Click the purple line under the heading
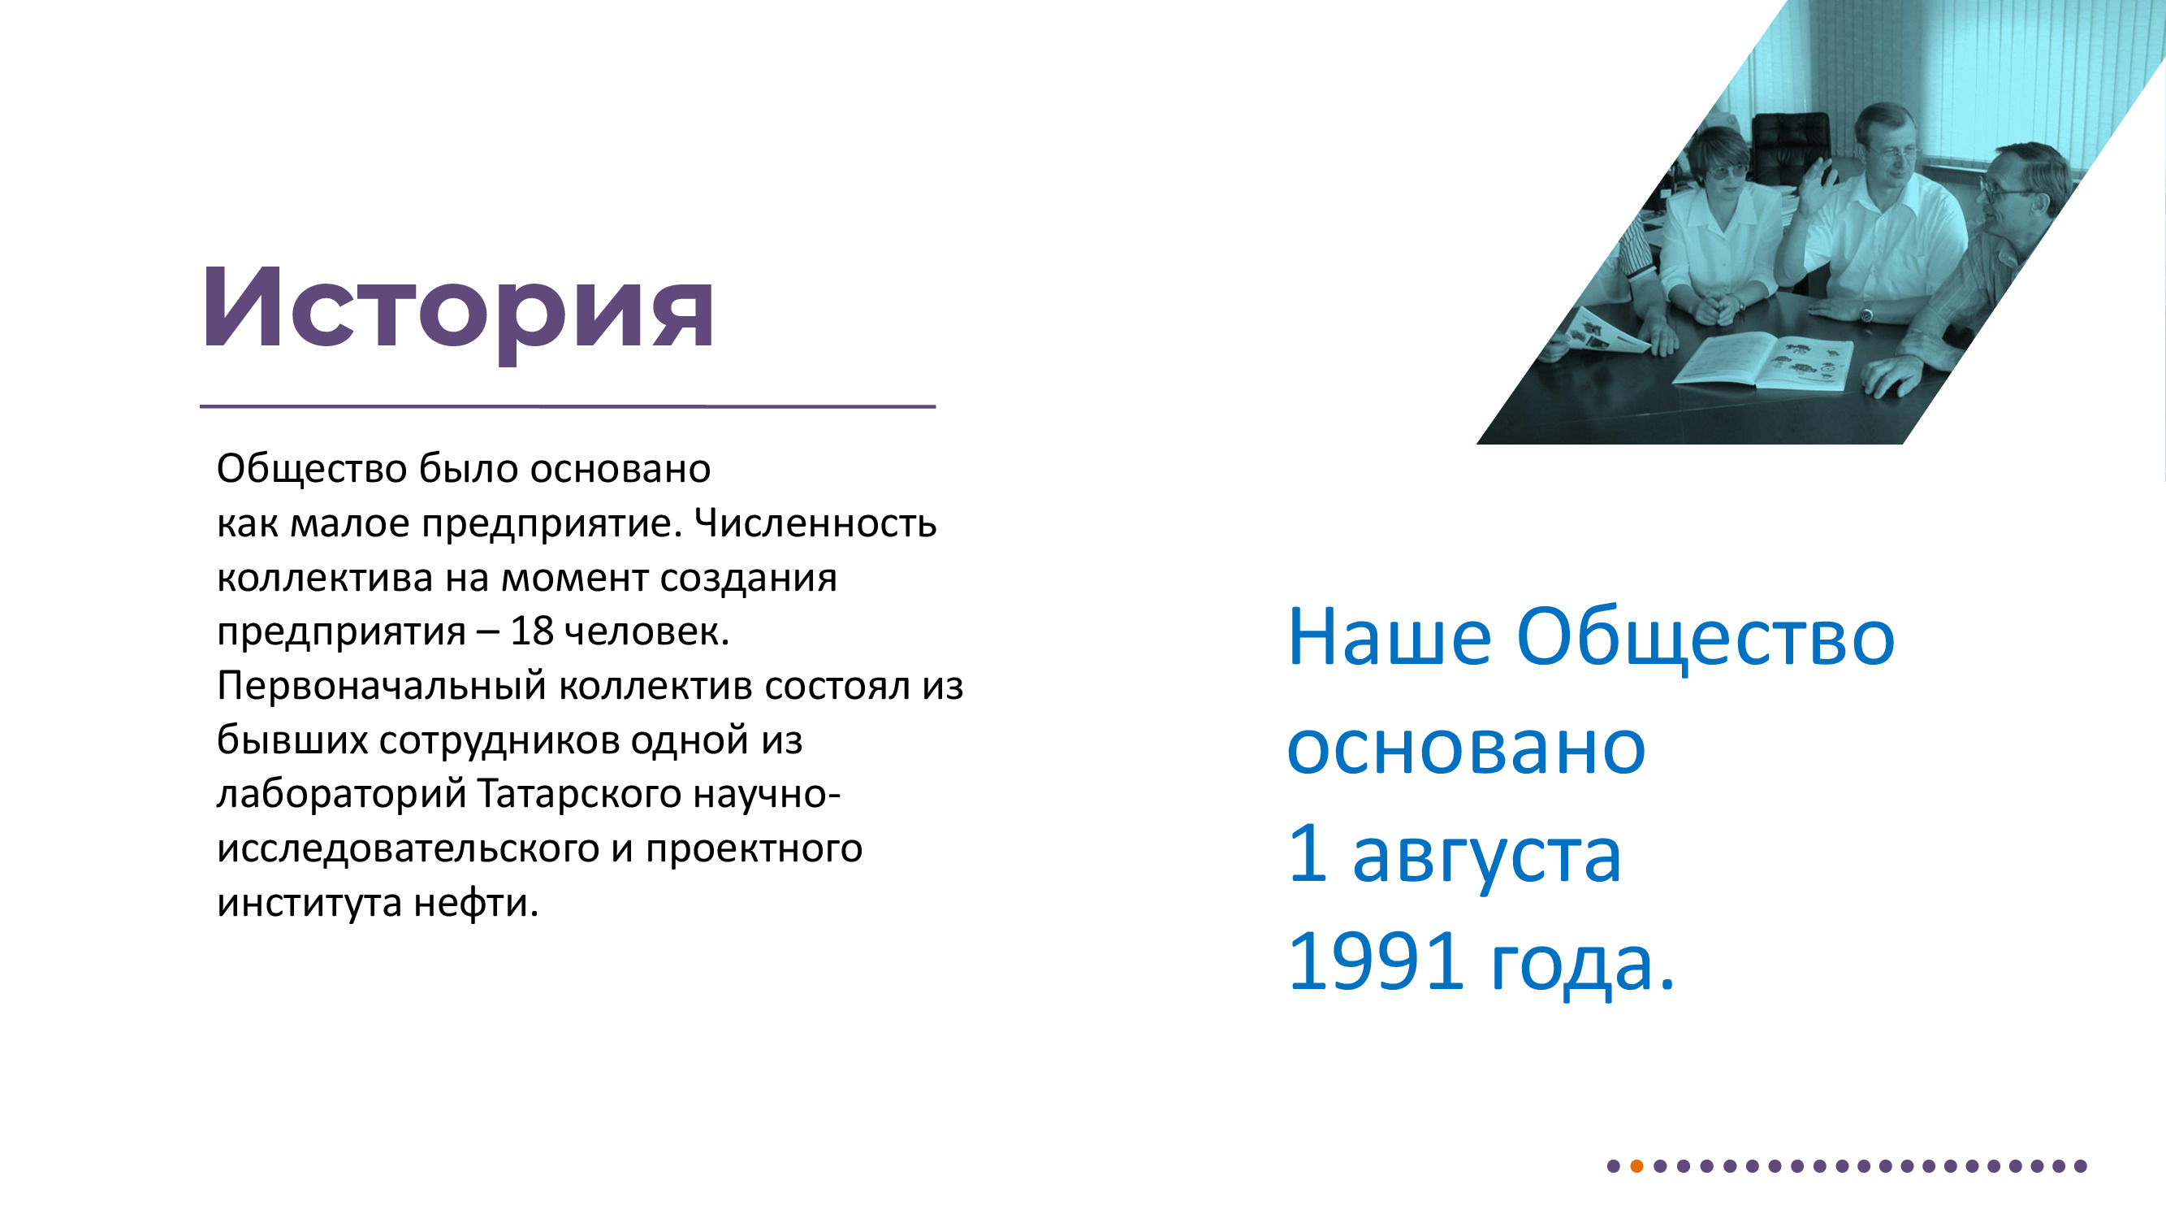[568, 406]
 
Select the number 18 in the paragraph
[531, 631]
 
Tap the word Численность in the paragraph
[815, 523]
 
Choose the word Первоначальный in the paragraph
[383, 687]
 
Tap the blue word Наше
[1389, 639]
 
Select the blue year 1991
[1376, 962]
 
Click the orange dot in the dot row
[1636, 1166]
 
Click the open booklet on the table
[1763, 361]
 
